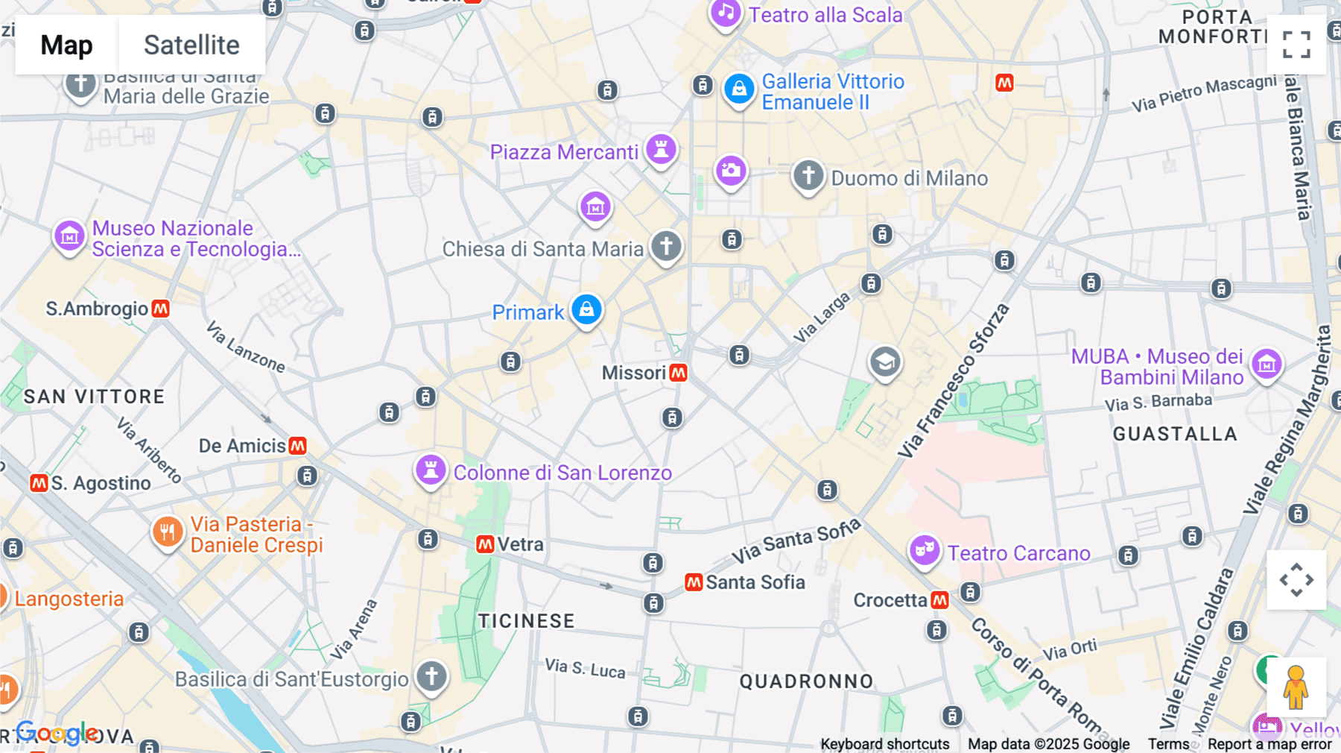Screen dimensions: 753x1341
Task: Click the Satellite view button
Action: (x=191, y=45)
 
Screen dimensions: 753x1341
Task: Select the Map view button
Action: (x=66, y=45)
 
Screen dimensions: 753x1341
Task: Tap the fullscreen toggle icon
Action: (x=1296, y=45)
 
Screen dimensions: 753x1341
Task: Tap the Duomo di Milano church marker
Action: (x=808, y=176)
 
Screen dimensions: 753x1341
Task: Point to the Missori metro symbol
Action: (x=678, y=373)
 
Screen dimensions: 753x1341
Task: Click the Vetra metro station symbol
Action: (x=486, y=544)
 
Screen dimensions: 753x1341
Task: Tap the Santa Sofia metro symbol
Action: (x=694, y=582)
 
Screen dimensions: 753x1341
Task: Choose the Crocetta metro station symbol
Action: (x=940, y=600)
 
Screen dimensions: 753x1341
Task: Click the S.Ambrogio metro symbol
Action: (x=161, y=309)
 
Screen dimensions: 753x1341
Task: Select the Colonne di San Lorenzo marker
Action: (x=431, y=470)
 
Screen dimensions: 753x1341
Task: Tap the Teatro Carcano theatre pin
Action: (x=925, y=551)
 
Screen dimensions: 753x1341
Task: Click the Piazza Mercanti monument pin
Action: (x=661, y=149)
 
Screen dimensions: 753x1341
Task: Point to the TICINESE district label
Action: (x=526, y=621)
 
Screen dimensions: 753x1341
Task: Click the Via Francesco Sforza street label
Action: (x=953, y=381)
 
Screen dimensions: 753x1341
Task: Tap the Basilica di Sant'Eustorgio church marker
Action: (x=431, y=677)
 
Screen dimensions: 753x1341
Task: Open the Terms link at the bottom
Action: (x=1168, y=744)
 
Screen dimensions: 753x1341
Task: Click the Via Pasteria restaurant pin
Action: (x=168, y=532)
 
